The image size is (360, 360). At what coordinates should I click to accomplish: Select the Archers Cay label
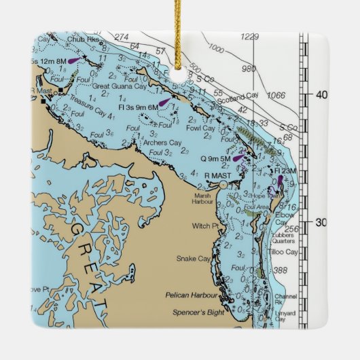[x=162, y=143]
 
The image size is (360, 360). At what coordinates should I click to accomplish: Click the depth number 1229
[x=251, y=37]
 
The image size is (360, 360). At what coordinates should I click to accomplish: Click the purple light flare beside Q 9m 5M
[x=238, y=158]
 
